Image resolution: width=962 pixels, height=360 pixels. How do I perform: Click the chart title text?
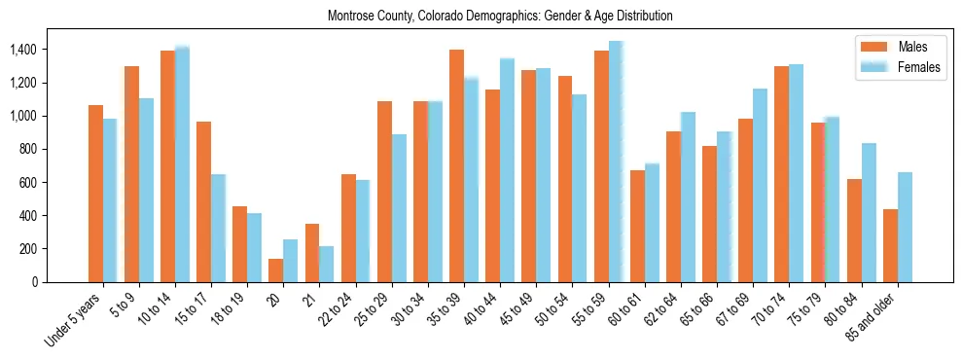pyautogui.click(x=500, y=17)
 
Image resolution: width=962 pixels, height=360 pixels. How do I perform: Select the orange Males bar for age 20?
pyautogui.click(x=276, y=270)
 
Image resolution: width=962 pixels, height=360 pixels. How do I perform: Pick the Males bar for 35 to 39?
pyautogui.click(x=456, y=165)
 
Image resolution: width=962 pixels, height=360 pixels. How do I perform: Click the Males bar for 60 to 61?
pyautogui.click(x=637, y=226)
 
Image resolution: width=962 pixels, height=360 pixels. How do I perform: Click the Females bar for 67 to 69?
pyautogui.click(x=760, y=185)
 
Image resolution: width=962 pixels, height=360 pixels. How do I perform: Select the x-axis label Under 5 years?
pyautogui.click(x=73, y=322)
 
